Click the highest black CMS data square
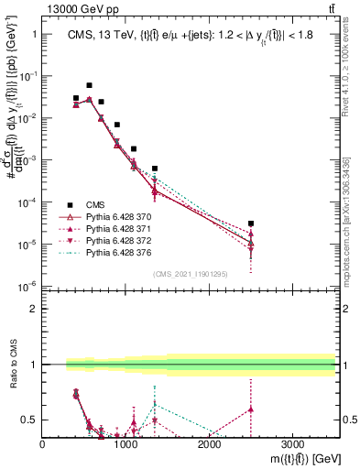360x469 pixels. point(89,85)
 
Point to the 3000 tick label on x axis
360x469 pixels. point(292,443)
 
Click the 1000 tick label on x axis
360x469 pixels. point(125,443)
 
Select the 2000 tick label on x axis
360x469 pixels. point(209,443)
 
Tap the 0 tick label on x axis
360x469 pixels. point(43,443)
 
